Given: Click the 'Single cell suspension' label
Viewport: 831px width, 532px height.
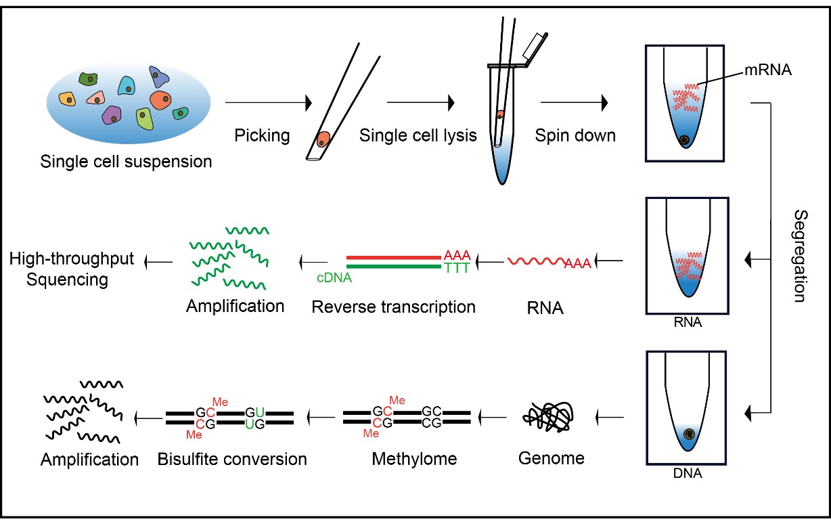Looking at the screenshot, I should (x=126, y=162).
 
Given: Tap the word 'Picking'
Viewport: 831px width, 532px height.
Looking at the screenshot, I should (x=262, y=135).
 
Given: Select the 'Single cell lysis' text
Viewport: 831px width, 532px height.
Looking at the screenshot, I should (x=418, y=135).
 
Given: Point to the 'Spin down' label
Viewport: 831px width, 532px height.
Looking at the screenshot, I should (x=575, y=135).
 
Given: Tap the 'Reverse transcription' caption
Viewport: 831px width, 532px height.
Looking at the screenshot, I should (x=393, y=307).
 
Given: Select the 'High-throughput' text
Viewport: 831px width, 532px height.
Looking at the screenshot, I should (x=72, y=259).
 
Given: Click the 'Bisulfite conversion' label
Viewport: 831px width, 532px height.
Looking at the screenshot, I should (x=232, y=459).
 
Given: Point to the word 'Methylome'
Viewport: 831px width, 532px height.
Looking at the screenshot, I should (x=414, y=459).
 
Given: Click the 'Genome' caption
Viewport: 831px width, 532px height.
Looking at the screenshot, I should (x=551, y=458).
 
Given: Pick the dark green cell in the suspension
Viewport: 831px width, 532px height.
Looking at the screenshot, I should (x=89, y=79).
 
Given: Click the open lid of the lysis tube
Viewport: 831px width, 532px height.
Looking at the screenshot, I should (x=536, y=46).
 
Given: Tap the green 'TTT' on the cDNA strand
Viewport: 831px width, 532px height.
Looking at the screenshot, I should (x=457, y=269).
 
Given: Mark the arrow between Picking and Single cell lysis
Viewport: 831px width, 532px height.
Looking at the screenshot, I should (x=420, y=103).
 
